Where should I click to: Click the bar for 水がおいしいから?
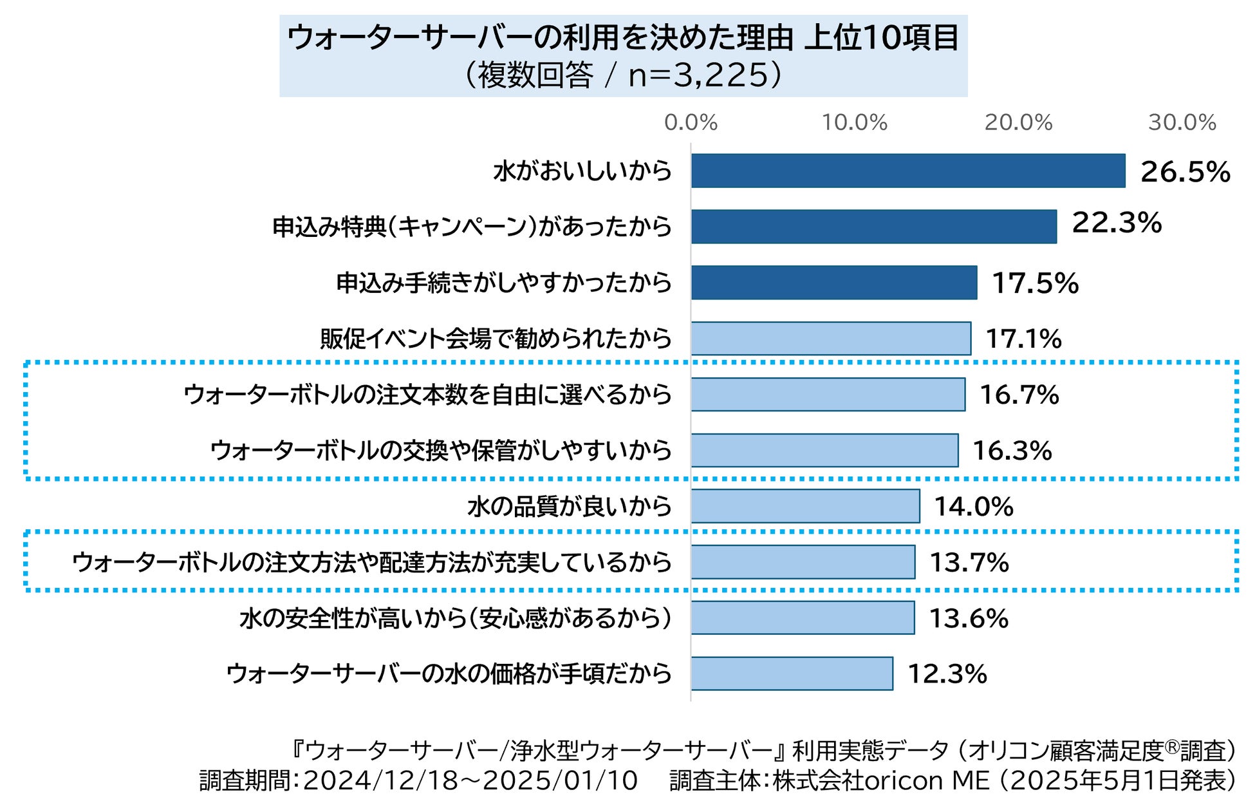908,171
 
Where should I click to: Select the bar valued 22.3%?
874,227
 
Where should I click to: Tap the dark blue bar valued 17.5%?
834,283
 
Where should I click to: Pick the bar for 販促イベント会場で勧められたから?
831,339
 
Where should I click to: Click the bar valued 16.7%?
828,394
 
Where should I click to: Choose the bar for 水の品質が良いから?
805,506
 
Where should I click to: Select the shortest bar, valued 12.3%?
792,673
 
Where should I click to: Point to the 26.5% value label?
1185,172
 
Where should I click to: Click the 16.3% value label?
1012,451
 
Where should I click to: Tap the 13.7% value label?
969,563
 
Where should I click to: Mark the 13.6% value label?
969,619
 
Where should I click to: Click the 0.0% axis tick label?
691,122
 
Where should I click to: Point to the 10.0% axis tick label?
854,122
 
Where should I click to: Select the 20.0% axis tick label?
1018,122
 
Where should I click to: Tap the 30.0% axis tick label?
1182,122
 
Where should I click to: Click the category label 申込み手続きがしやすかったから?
504,283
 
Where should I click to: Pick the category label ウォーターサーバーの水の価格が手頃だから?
449,673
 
